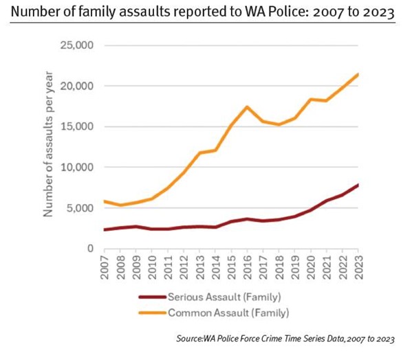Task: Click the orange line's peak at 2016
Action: click(x=248, y=106)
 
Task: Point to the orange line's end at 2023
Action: click(x=358, y=74)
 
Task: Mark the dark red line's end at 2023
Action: click(x=358, y=185)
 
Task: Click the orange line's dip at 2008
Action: click(x=121, y=205)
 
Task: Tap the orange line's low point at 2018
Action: click(x=279, y=124)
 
